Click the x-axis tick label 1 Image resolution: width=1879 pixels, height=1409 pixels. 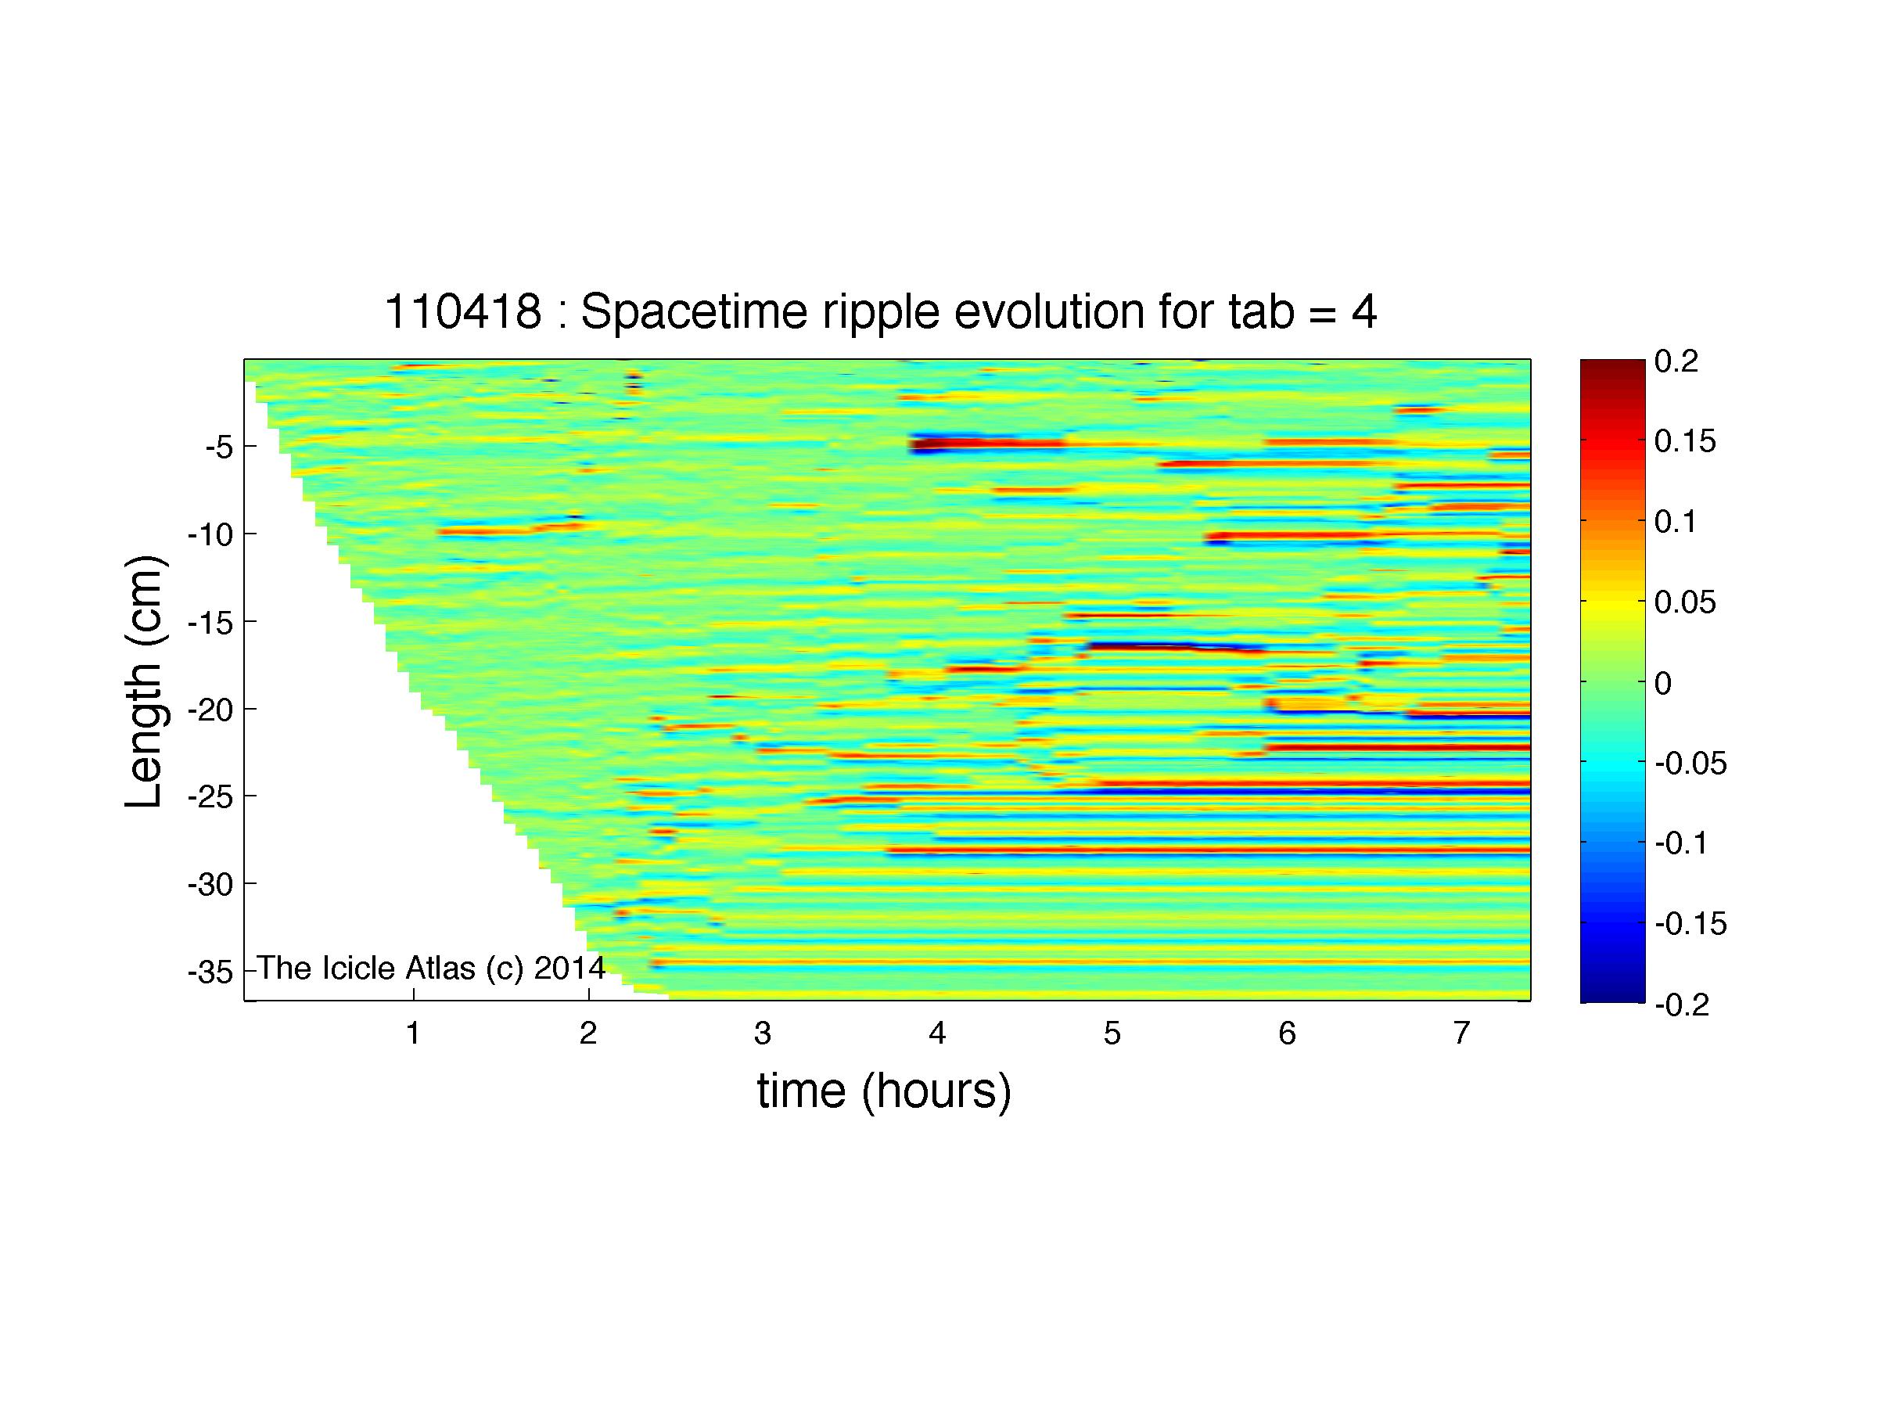(x=413, y=1033)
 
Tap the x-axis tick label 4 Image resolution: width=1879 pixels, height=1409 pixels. (x=937, y=1033)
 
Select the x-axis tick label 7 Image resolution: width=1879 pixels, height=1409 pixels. (x=1461, y=1033)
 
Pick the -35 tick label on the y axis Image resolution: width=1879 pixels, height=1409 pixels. (x=210, y=972)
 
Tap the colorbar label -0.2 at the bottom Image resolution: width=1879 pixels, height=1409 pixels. (x=1682, y=1005)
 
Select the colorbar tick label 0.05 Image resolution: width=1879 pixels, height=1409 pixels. (x=1685, y=602)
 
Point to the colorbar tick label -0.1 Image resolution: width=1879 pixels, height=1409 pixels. (x=1682, y=843)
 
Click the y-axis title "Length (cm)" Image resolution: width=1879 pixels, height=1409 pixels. (x=144, y=681)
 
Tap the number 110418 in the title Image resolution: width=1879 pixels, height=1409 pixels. (x=463, y=311)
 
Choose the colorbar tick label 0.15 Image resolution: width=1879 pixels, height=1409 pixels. (x=1685, y=442)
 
